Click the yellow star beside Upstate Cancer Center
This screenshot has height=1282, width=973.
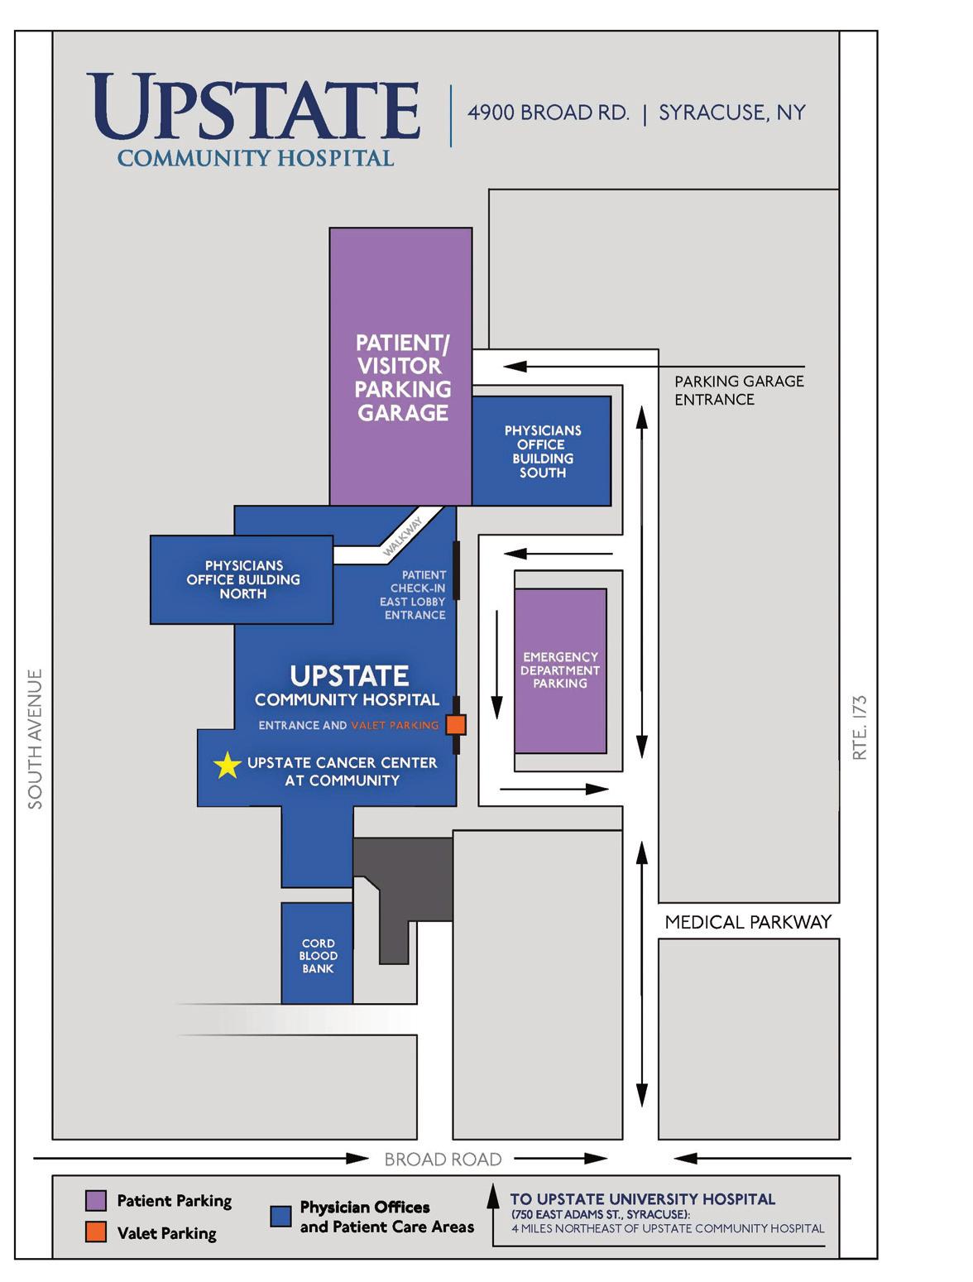[x=227, y=766]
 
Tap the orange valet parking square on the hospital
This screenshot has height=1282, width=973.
[x=456, y=725]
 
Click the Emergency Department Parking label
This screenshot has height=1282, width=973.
[x=560, y=670]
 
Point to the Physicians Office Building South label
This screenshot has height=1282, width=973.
[x=543, y=451]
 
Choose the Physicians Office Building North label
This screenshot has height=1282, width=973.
[x=243, y=579]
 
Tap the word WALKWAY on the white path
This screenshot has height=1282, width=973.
[x=404, y=535]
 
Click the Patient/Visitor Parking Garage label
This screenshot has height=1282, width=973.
[x=403, y=377]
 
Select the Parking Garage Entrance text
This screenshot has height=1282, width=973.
[x=739, y=390]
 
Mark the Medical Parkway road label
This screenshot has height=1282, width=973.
[x=748, y=922]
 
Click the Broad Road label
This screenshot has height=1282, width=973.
[x=443, y=1160]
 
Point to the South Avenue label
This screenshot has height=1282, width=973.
[x=35, y=738]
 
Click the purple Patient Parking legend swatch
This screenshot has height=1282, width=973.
[x=96, y=1200]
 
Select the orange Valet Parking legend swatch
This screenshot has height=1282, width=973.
[x=96, y=1232]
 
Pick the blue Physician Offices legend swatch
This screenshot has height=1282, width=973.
[x=281, y=1216]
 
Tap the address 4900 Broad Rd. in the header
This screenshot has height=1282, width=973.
[x=549, y=113]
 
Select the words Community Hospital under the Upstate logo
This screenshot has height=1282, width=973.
[x=256, y=157]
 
